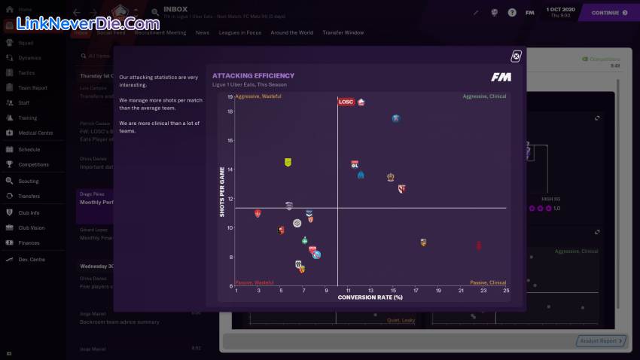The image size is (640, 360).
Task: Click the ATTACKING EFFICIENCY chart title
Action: pyautogui.click(x=253, y=75)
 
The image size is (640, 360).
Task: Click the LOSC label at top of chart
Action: pyautogui.click(x=346, y=102)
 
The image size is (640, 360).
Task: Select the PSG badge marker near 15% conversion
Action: pyautogui.click(x=395, y=118)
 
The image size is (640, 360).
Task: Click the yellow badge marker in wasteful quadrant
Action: pyautogui.click(x=288, y=162)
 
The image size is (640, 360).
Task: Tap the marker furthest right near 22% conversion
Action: pyautogui.click(x=479, y=246)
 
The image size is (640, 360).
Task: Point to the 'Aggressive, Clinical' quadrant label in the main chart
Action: pyautogui.click(x=484, y=96)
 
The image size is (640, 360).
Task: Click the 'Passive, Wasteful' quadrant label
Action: pyautogui.click(x=254, y=282)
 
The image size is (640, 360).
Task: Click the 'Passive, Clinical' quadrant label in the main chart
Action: pyautogui.click(x=488, y=282)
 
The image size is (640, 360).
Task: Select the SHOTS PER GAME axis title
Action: pyautogui.click(x=222, y=191)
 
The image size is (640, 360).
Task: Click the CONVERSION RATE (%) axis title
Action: pyautogui.click(x=370, y=297)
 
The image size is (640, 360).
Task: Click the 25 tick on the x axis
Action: pyautogui.click(x=506, y=290)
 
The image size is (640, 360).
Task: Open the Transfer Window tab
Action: pyautogui.click(x=343, y=33)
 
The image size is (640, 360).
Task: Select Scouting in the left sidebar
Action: pyautogui.click(x=29, y=182)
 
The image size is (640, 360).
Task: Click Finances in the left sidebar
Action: pyautogui.click(x=29, y=243)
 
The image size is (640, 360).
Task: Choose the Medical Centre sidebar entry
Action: pyautogui.click(x=35, y=133)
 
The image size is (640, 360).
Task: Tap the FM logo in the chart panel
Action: pyautogui.click(x=501, y=77)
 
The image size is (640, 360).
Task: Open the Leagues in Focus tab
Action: pyautogui.click(x=239, y=33)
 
